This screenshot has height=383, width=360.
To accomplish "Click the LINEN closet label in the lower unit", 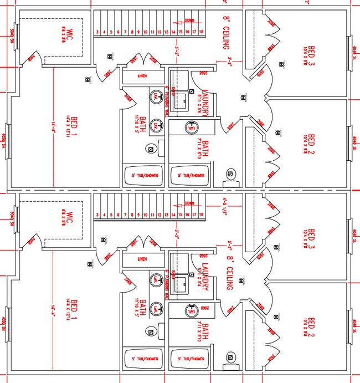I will pyautogui.click(x=143, y=259).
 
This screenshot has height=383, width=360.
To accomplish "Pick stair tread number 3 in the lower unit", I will pyautogui.click(x=97, y=215).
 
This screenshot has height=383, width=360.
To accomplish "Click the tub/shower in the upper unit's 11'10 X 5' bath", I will pyautogui.click(x=145, y=176).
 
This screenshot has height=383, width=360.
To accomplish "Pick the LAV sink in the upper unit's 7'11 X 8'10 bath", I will pyautogui.click(x=193, y=126).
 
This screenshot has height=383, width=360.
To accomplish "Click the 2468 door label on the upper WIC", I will pyautogui.click(x=32, y=57).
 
